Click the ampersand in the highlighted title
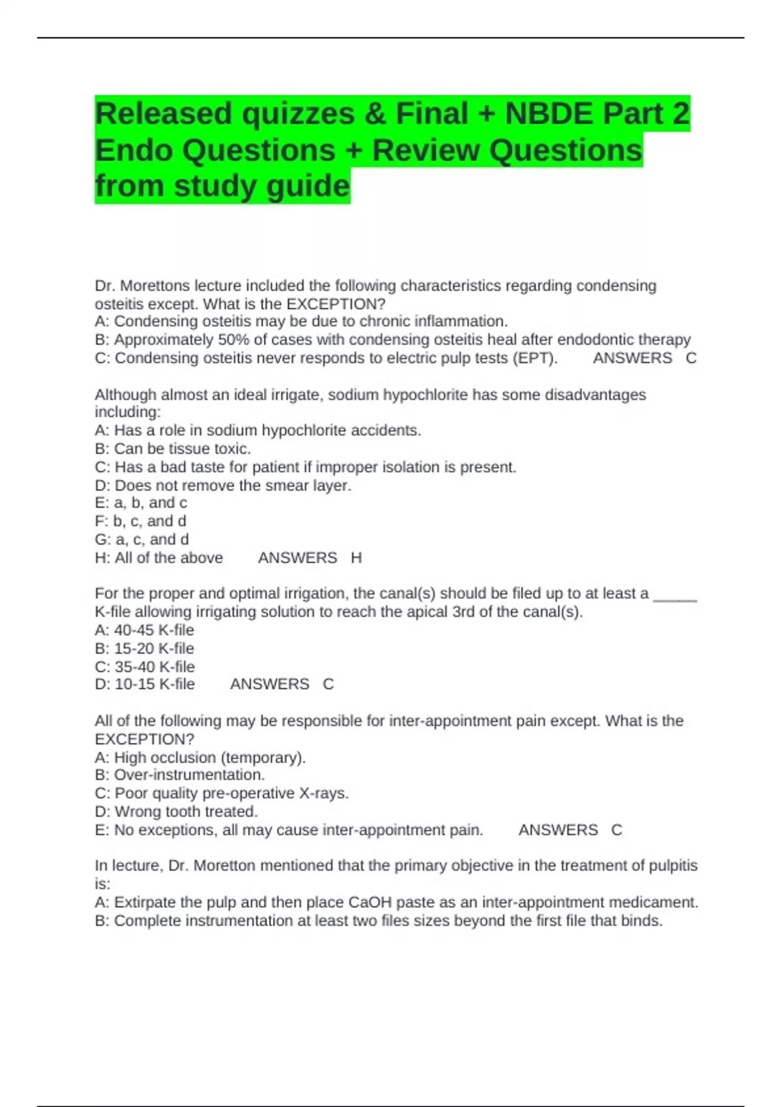(x=375, y=114)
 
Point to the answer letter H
(x=356, y=558)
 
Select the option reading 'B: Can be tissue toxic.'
(x=173, y=449)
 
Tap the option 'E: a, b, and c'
(x=141, y=503)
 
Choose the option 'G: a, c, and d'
(x=142, y=540)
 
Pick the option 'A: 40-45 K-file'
(x=145, y=630)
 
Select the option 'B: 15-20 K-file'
(x=145, y=649)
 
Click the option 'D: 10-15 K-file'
(x=145, y=684)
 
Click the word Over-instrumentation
(x=190, y=775)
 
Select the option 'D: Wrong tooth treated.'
(x=177, y=811)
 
